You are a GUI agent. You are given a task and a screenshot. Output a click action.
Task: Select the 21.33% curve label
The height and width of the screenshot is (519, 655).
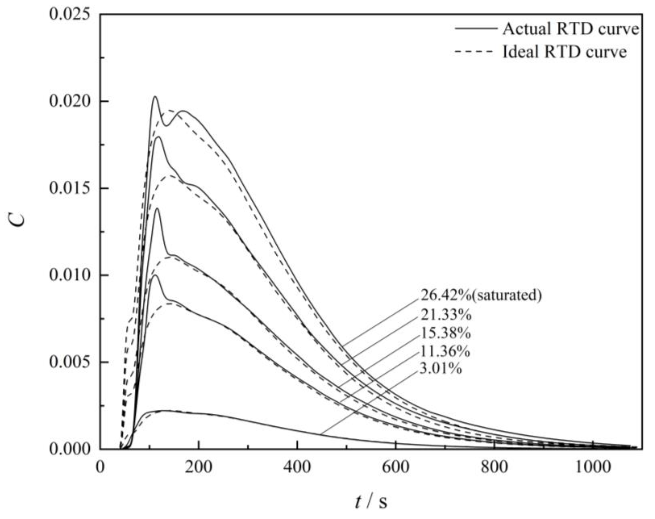446,315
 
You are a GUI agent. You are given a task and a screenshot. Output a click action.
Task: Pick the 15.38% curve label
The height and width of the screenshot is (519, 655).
445,333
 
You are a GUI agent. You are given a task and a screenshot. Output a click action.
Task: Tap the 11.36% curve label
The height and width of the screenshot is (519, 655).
445,351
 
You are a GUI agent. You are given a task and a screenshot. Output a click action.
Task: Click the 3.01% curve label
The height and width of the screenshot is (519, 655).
441,369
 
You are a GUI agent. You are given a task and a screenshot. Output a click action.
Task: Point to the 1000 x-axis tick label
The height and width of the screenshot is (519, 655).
593,467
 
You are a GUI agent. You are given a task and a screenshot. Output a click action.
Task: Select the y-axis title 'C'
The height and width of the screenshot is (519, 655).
19,219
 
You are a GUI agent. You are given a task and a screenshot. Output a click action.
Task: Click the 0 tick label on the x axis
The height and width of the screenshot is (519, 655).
100,467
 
